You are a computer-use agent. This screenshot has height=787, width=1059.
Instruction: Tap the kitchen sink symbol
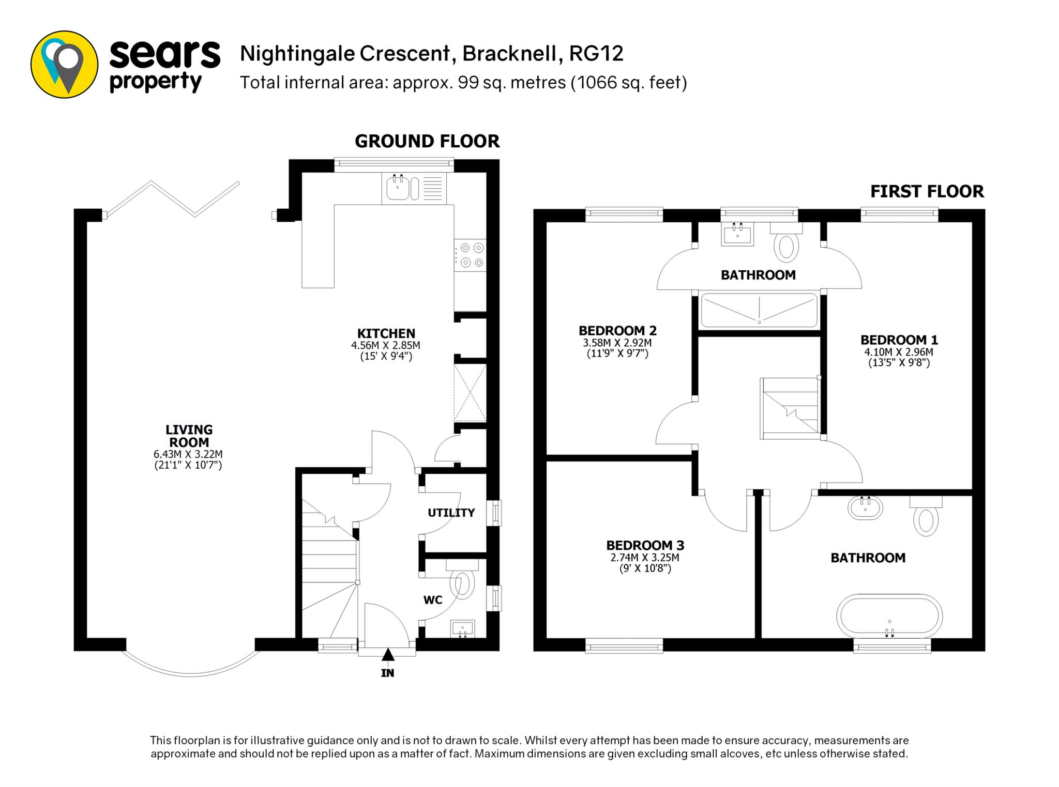[x=414, y=188]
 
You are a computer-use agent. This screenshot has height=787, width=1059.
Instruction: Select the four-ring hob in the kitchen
[x=470, y=255]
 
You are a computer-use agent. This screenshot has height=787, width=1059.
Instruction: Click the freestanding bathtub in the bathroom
[x=889, y=617]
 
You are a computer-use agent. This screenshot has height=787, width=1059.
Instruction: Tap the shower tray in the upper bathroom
[x=759, y=310]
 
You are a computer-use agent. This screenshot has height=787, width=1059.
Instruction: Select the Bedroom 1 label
[x=899, y=340]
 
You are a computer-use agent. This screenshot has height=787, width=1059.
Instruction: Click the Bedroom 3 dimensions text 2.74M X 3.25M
[x=645, y=558]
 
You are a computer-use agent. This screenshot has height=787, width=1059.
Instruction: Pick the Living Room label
[x=189, y=436]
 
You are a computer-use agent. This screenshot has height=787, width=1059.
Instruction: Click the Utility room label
[x=451, y=513]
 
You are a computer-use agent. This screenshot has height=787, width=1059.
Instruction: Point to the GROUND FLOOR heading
[x=427, y=141]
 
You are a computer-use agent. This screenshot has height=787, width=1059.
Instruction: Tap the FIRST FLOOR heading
[x=927, y=192]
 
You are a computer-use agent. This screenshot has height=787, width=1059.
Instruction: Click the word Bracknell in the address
[x=510, y=54]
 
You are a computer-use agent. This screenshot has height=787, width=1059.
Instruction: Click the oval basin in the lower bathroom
[x=865, y=507]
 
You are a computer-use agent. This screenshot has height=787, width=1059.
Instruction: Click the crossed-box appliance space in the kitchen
[x=470, y=393]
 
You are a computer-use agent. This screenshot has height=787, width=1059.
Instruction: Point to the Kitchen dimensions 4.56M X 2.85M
[x=386, y=345]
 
